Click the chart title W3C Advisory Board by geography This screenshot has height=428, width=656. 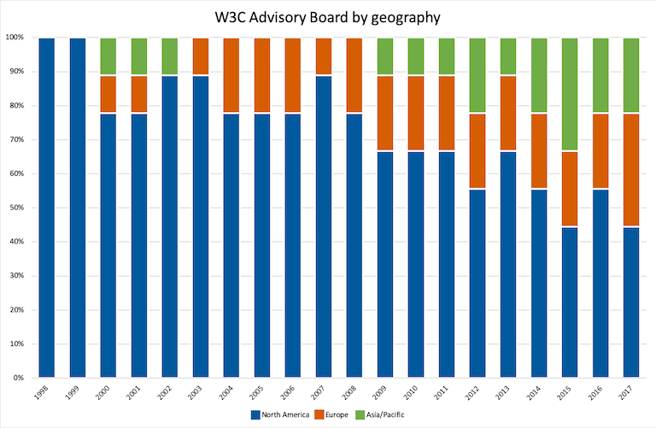[327, 16]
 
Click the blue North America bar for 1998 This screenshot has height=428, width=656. [47, 207]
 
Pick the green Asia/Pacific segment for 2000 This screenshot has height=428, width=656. [108, 57]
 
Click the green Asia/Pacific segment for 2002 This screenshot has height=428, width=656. [170, 57]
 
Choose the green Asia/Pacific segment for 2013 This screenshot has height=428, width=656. [507, 57]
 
